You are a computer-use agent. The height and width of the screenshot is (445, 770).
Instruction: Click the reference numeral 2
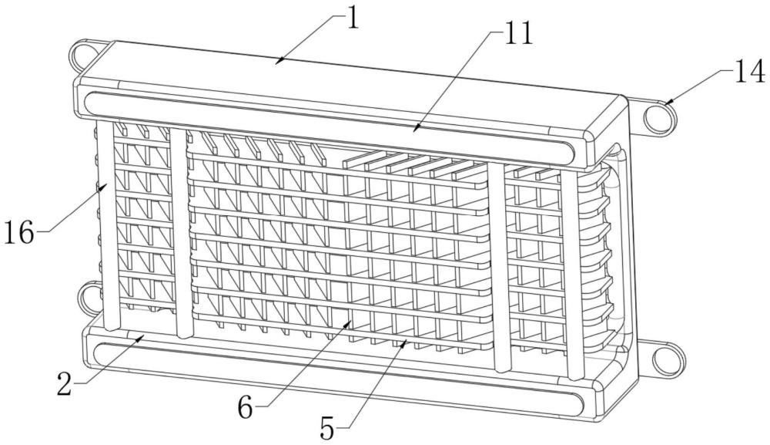pos(65,383)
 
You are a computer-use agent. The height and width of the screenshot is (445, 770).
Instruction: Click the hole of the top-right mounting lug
pos(656,118)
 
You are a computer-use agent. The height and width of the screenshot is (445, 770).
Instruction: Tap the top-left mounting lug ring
pos(81,55)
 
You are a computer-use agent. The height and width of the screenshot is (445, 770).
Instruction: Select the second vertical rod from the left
pos(181,231)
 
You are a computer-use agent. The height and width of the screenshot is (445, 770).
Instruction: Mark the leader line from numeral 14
pos(698,84)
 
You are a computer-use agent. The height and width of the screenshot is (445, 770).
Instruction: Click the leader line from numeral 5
pos(370,381)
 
